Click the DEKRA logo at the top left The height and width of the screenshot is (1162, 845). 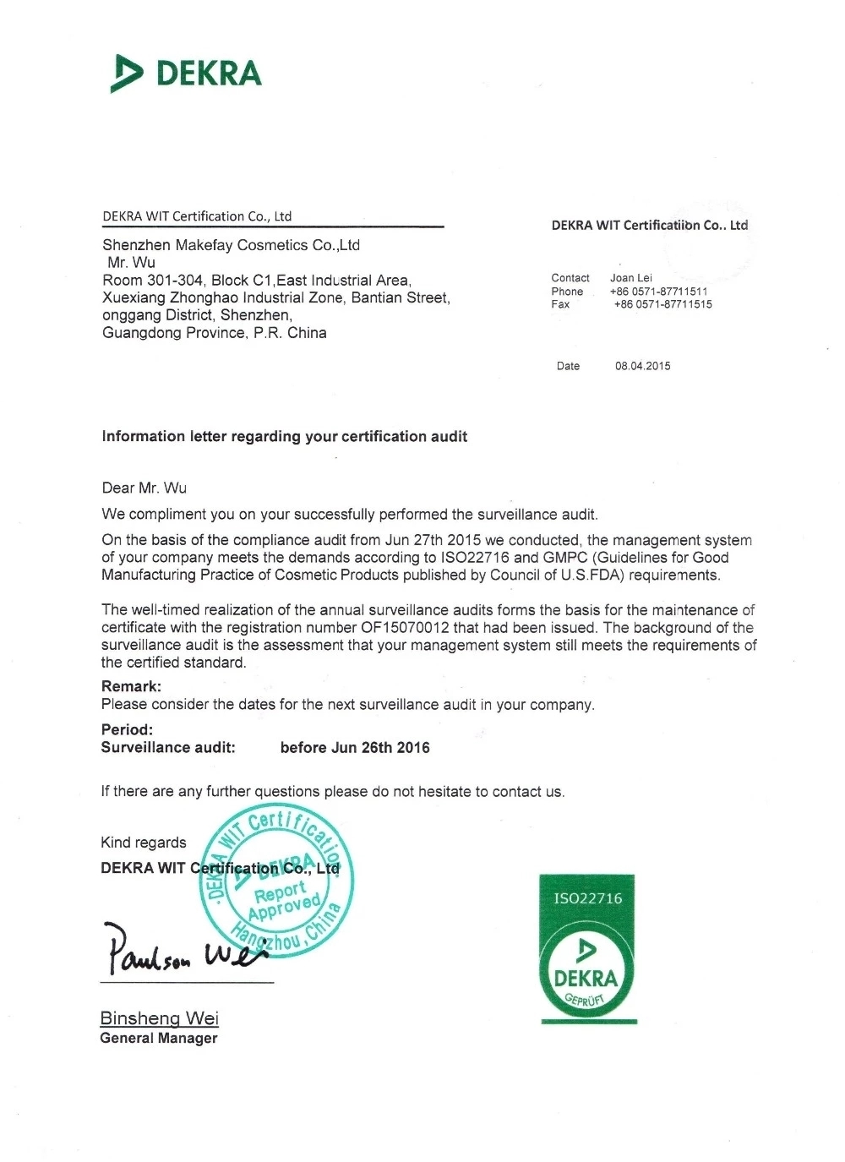tap(186, 74)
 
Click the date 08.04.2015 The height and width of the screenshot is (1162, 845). tap(642, 366)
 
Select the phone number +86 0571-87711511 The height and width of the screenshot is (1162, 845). tap(659, 292)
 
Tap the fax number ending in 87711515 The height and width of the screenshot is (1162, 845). tap(662, 304)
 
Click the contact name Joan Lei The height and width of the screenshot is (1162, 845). tap(631, 278)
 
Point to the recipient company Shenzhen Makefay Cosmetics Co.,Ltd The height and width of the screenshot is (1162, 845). tap(231, 245)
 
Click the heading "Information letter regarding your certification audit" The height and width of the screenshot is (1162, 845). tap(284, 437)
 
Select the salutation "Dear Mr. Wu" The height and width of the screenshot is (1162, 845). tap(144, 488)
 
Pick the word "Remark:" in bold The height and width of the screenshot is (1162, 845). tap(131, 686)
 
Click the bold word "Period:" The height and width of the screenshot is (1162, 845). tap(127, 729)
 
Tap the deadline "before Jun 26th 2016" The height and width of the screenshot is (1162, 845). tap(355, 748)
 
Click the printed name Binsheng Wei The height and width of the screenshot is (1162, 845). tap(159, 1018)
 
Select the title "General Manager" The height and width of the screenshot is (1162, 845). tap(158, 1039)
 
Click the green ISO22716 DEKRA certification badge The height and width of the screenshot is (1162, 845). tap(587, 949)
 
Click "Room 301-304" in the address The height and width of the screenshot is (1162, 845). tap(153, 281)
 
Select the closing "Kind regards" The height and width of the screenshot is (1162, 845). tap(143, 843)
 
